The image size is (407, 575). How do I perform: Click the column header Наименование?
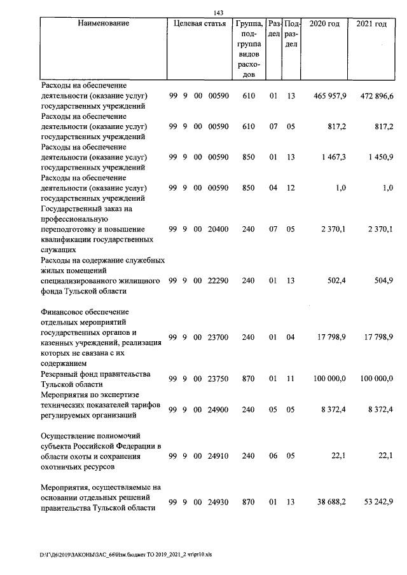tap(104, 24)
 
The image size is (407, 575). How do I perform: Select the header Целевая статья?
tap(199, 24)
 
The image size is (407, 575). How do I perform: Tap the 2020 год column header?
tap(324, 24)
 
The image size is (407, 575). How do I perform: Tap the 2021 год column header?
tap(371, 24)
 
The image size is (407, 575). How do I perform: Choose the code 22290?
tap(218, 281)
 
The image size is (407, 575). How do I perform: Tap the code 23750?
tap(218, 379)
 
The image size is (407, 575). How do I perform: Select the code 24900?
tap(218, 410)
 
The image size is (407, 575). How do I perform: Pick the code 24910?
tap(218, 456)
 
